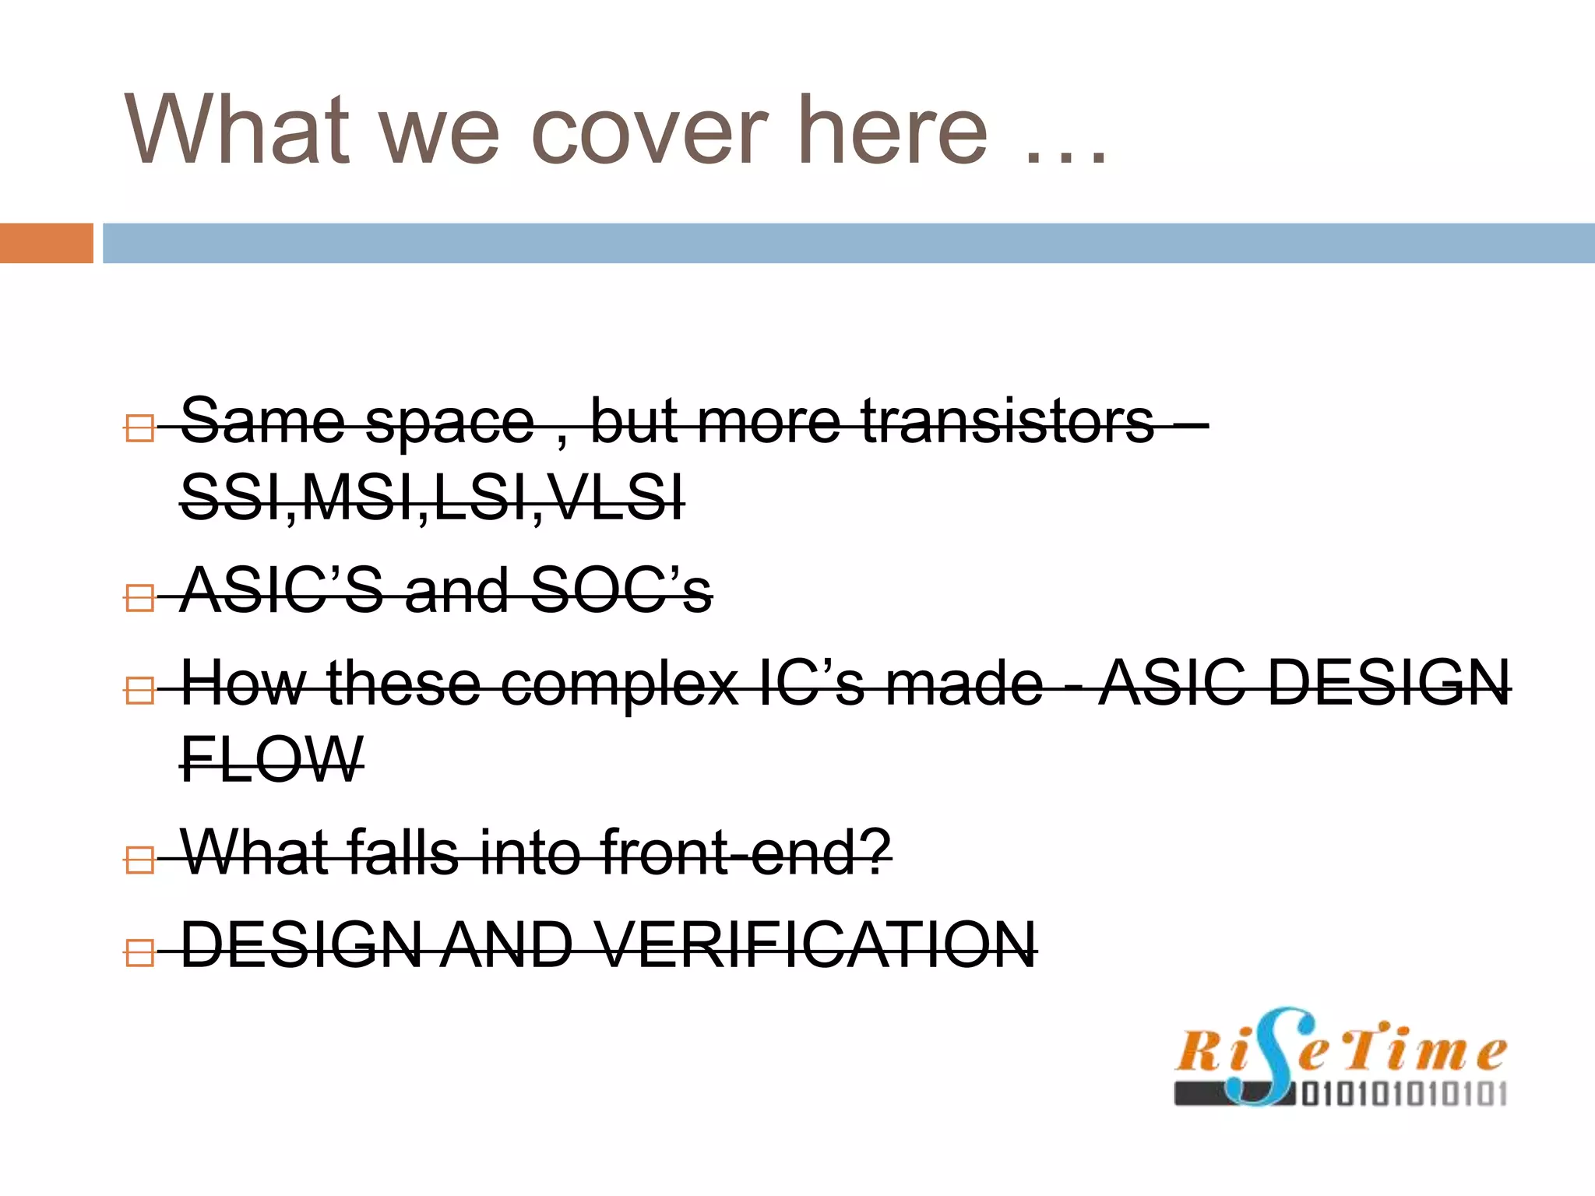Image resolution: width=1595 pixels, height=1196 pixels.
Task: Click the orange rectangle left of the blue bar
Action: point(46,243)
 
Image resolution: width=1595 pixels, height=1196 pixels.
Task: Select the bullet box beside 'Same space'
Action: point(139,427)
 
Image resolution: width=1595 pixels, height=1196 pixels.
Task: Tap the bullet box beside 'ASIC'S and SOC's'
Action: point(139,598)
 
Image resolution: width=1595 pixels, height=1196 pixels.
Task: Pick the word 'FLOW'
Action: point(272,759)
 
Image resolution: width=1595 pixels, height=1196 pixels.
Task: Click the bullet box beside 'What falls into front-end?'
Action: point(139,860)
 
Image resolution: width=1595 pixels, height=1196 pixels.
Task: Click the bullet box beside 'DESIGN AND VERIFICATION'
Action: point(139,952)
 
